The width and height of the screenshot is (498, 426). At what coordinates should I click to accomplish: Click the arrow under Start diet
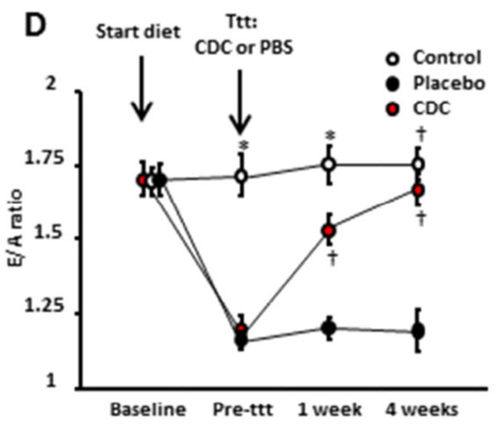[x=142, y=89]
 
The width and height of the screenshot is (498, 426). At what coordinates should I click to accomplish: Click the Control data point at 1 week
[x=329, y=164]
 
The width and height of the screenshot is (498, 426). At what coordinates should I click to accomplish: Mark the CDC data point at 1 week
[x=329, y=231]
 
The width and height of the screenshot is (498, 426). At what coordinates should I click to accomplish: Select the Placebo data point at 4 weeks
[x=418, y=331]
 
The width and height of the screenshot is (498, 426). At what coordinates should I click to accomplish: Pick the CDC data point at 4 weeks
[x=418, y=190]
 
